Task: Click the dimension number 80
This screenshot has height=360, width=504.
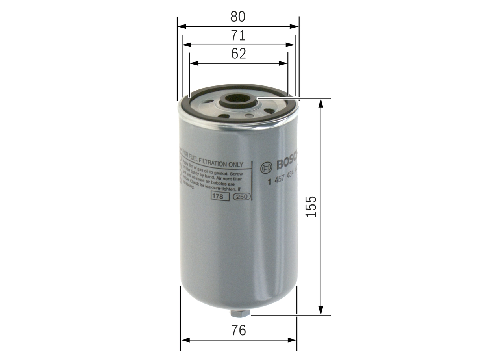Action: [238, 17]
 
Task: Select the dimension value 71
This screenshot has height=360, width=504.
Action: [238, 35]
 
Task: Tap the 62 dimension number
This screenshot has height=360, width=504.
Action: [238, 54]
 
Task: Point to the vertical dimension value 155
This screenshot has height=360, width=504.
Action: [311, 206]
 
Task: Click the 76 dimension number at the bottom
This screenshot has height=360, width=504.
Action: [238, 330]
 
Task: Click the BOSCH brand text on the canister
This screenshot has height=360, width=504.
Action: [287, 163]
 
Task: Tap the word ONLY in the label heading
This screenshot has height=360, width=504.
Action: [236, 164]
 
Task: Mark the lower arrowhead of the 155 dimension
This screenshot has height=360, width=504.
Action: [321, 311]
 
